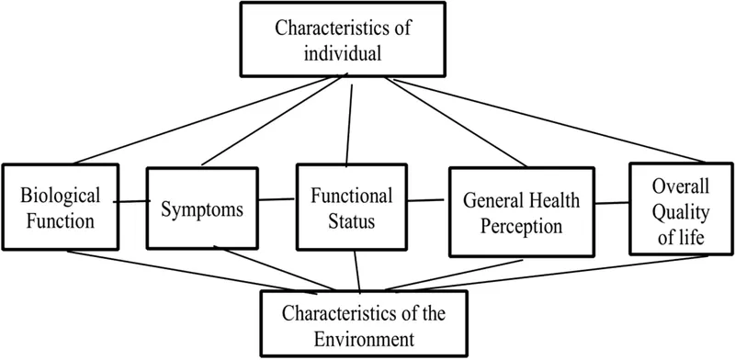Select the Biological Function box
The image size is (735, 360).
pyautogui.click(x=61, y=207)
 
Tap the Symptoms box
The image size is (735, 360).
pyautogui.click(x=198, y=207)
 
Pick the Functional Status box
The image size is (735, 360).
pyautogui.click(x=351, y=208)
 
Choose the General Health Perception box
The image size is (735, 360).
pyautogui.click(x=520, y=211)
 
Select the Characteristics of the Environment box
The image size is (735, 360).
pyautogui.click(x=364, y=324)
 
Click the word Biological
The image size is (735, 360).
pyautogui.click(x=61, y=196)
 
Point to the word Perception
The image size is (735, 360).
pyautogui.click(x=520, y=223)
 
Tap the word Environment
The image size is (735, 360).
pyautogui.click(x=365, y=336)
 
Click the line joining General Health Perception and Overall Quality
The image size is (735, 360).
pyautogui.click(x=611, y=199)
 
